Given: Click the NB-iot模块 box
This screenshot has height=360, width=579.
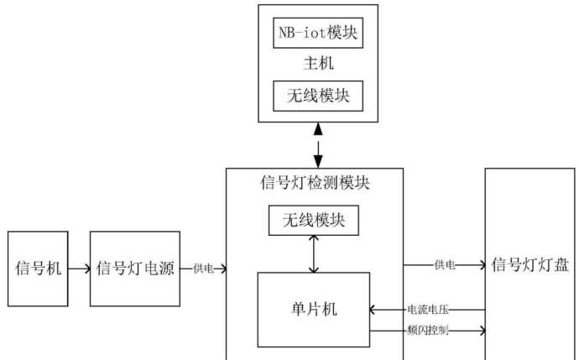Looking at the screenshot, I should pyautogui.click(x=318, y=35).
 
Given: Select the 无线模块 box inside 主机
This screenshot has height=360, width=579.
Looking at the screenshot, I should pyautogui.click(x=318, y=96).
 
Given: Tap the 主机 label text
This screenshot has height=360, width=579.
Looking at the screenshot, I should pyautogui.click(x=318, y=65).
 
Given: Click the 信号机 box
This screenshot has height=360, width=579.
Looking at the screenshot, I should pyautogui.click(x=38, y=269).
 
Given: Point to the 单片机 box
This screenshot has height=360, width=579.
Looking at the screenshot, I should pyautogui.click(x=314, y=309).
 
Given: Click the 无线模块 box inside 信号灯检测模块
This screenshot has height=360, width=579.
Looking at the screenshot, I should pyautogui.click(x=313, y=221).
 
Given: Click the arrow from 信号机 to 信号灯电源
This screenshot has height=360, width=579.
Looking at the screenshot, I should pyautogui.click(x=79, y=269).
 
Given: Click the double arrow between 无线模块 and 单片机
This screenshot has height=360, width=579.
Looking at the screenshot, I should pyautogui.click(x=313, y=253).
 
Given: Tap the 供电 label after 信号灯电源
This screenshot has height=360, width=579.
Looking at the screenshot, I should pyautogui.click(x=203, y=269).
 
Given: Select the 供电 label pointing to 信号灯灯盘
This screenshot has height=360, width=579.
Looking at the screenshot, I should pyautogui.click(x=444, y=265).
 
